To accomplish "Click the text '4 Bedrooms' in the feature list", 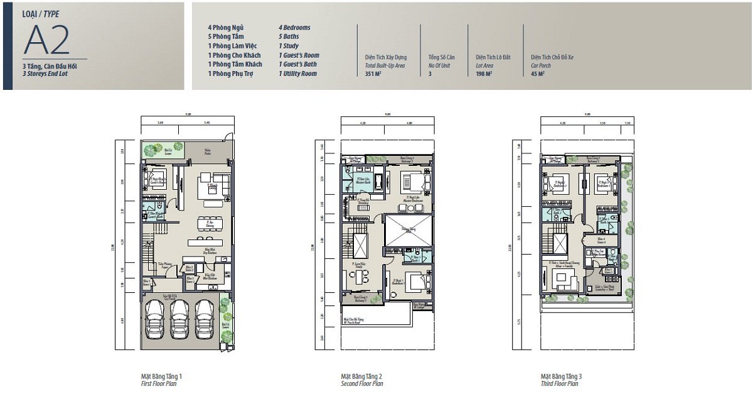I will pos(294,28).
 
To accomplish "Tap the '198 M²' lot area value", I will pos(484,74).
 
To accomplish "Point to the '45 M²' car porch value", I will pos(537,74).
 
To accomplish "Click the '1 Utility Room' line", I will pos(297,74).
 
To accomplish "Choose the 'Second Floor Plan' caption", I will pos(361,383).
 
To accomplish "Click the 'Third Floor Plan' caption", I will pos(560,383).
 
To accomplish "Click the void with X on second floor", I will pos(408,230).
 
